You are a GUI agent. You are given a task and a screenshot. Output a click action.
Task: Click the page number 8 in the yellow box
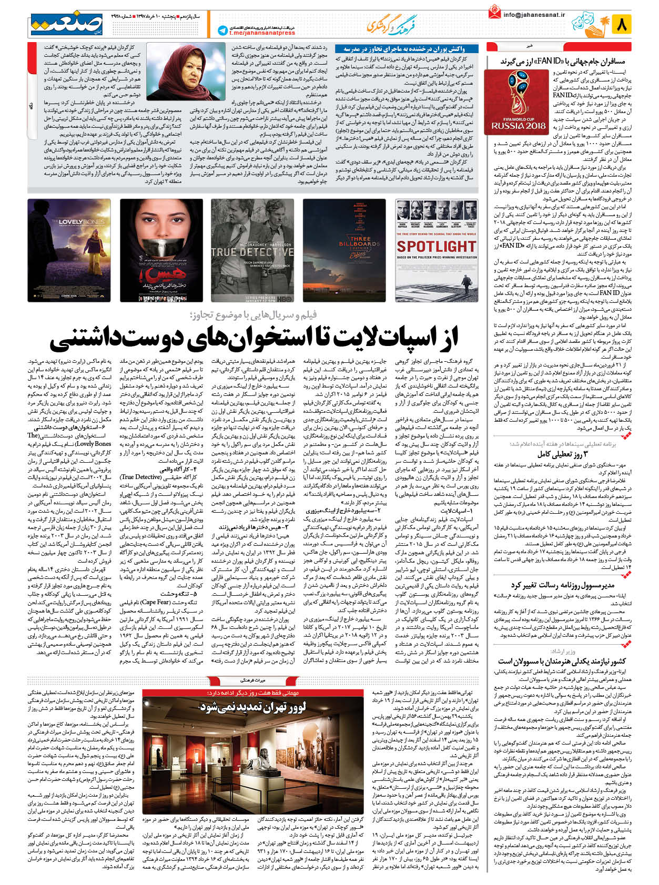(621, 24)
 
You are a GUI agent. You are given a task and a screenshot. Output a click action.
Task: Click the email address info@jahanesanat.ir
(533, 15)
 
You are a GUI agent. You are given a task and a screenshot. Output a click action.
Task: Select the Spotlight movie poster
(436, 250)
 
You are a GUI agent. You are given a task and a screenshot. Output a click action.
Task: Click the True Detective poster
(252, 250)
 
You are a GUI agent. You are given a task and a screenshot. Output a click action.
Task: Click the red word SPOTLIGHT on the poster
(436, 246)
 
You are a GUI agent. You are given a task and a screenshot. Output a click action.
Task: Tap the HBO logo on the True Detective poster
(285, 297)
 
